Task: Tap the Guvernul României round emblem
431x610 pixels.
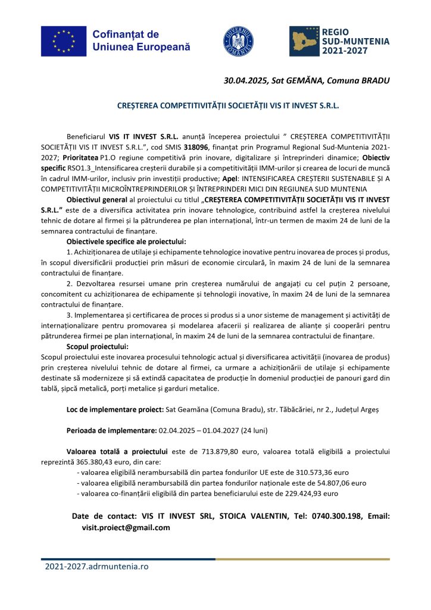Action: point(239,41)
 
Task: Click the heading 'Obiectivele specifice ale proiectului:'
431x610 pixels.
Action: point(126,241)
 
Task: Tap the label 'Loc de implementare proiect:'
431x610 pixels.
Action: point(114,410)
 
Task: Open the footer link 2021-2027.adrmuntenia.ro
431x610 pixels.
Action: point(96,567)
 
